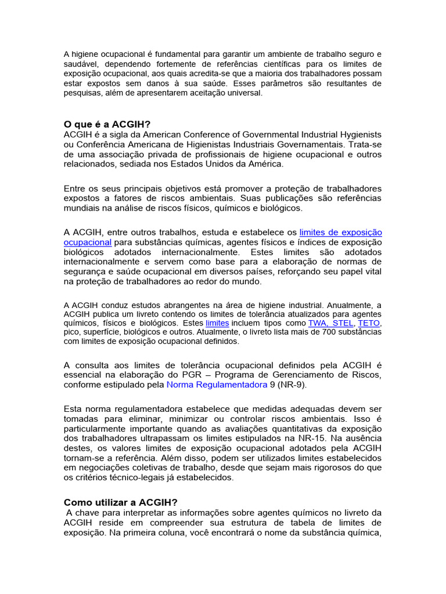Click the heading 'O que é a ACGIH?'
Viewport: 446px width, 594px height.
coord(107,124)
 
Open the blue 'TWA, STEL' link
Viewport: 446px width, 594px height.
coord(322,323)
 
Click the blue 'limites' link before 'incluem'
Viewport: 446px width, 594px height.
coord(217,323)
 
